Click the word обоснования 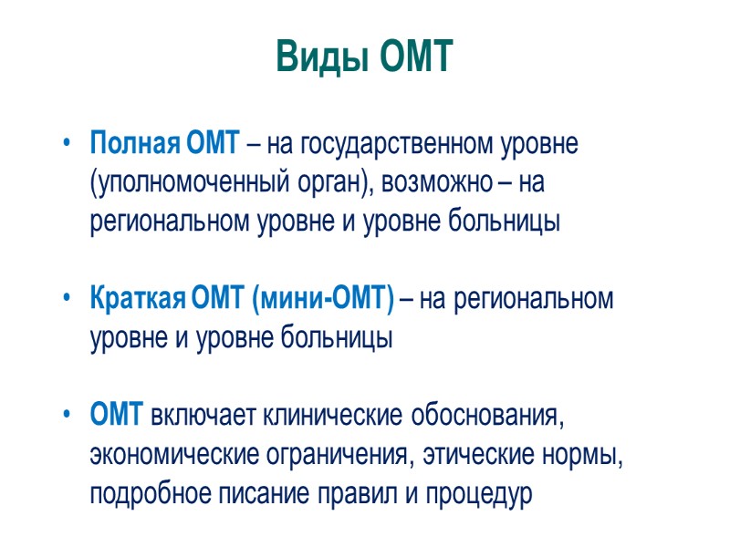(x=485, y=417)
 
